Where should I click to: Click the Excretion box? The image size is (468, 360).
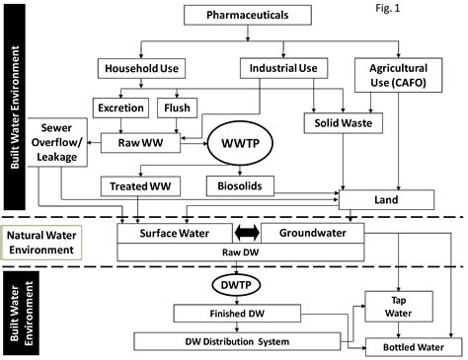pos(118,108)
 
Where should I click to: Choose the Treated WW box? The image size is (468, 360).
pos(135,184)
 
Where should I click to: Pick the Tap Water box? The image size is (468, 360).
pos(396,304)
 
